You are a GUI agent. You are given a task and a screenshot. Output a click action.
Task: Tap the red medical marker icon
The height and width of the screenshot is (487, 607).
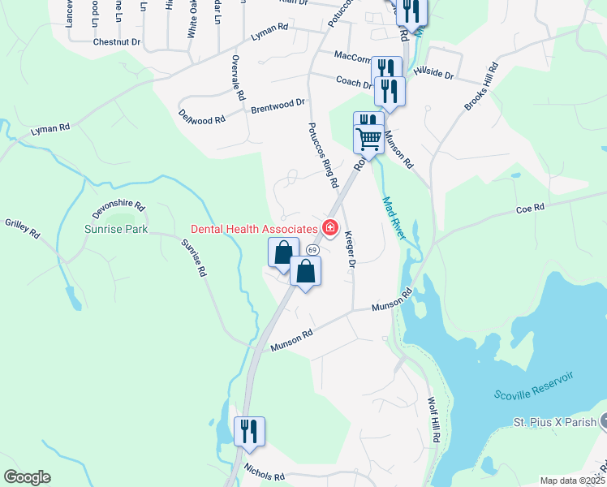330,227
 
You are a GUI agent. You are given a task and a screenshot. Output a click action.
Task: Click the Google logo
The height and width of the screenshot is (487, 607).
27,477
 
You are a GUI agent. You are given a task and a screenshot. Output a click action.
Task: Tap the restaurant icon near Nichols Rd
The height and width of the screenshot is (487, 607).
249,430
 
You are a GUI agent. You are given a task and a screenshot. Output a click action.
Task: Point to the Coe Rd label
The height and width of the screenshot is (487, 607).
529,209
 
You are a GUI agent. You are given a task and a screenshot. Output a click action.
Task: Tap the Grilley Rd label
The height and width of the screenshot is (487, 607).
23,229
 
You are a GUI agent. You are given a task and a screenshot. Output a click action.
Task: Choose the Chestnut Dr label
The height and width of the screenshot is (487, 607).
117,41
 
